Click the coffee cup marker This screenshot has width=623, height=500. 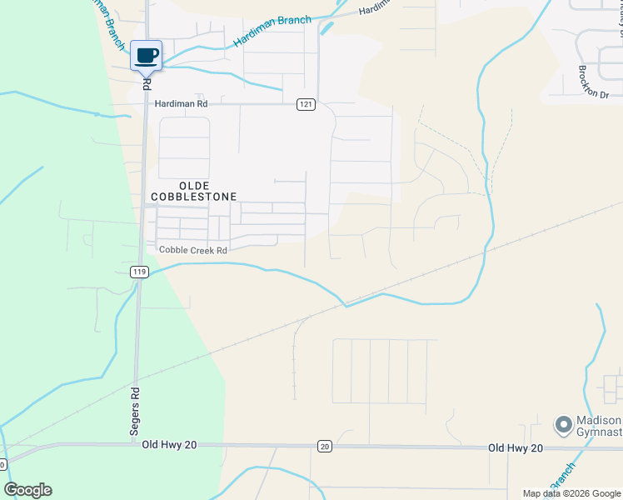(x=147, y=56)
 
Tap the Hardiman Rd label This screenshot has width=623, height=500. (x=181, y=103)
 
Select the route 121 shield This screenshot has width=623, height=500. (x=307, y=103)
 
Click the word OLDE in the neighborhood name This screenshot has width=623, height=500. (x=193, y=184)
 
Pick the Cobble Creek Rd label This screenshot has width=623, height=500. (x=193, y=250)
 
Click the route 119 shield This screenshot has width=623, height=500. (x=139, y=272)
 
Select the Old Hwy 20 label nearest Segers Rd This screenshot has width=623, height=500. (x=169, y=446)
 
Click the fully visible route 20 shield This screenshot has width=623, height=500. (x=324, y=447)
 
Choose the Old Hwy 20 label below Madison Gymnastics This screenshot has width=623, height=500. (x=516, y=448)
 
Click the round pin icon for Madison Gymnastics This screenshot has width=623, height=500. (x=563, y=426)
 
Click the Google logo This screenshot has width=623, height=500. (x=27, y=490)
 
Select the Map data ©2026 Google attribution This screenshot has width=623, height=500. (x=571, y=493)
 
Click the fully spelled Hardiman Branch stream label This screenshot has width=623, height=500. (x=272, y=31)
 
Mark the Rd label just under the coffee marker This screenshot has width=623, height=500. (x=147, y=84)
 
